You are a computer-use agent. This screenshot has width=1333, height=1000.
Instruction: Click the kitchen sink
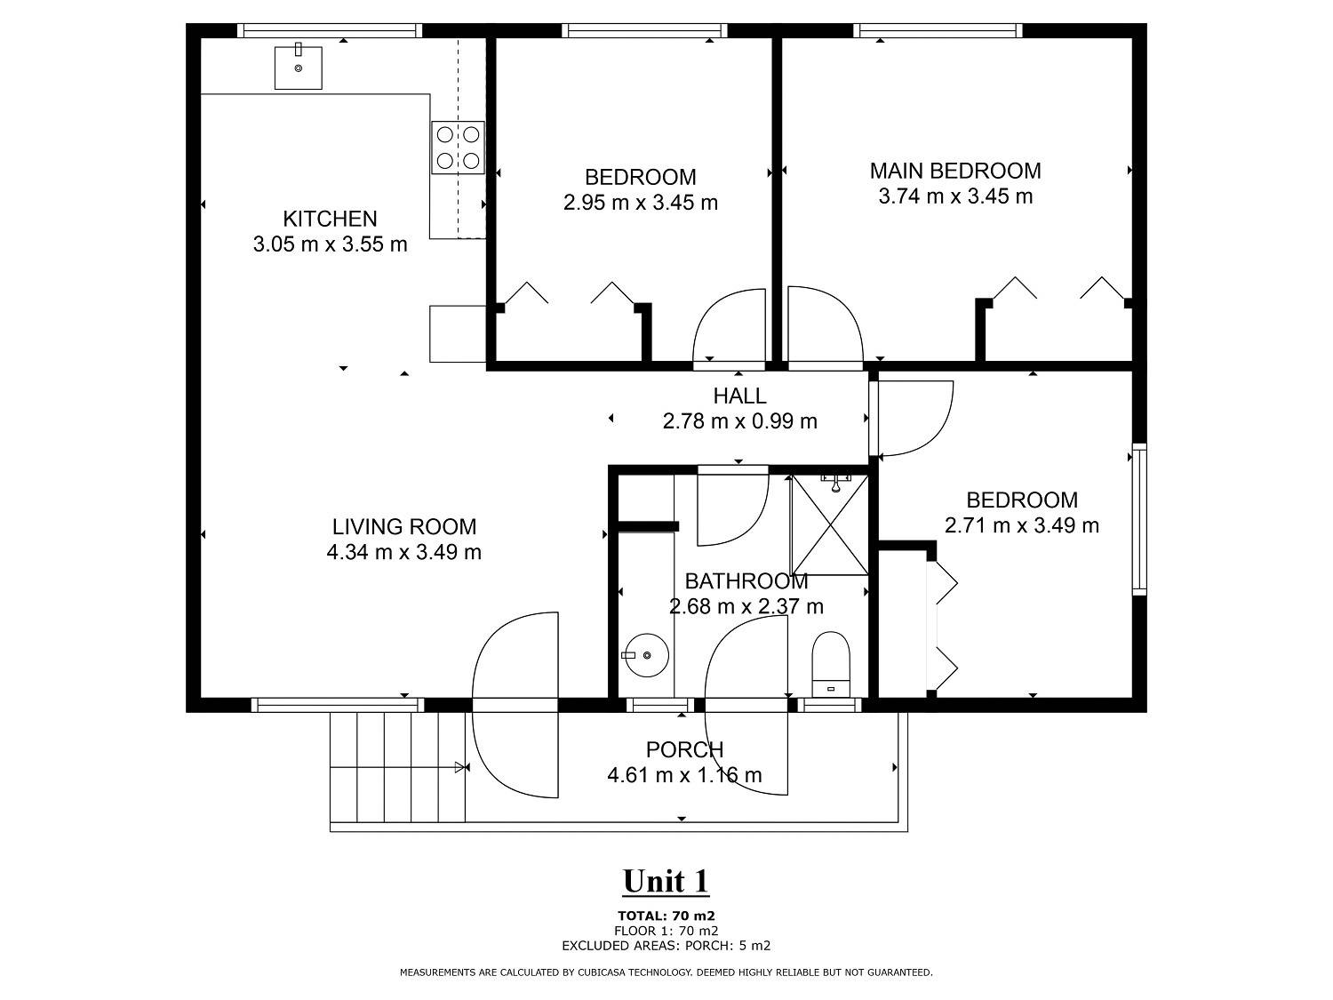(x=298, y=68)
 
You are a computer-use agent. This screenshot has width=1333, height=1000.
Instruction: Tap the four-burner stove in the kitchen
(x=458, y=148)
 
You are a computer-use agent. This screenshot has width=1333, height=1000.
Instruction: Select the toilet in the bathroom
(x=831, y=664)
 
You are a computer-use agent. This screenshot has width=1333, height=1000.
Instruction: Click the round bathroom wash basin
(x=647, y=655)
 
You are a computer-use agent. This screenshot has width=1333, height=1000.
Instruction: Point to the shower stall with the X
(x=829, y=524)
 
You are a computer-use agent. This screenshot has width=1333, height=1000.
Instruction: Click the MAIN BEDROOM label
(x=955, y=172)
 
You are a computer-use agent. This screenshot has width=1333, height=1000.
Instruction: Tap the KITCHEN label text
(x=330, y=219)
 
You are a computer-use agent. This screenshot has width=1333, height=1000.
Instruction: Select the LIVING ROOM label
(x=403, y=526)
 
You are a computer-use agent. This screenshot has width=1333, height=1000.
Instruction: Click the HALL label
(x=739, y=396)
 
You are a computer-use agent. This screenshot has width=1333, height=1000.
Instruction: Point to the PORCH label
(x=684, y=750)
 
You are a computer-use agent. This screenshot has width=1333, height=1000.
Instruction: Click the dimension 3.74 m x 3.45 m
(x=955, y=196)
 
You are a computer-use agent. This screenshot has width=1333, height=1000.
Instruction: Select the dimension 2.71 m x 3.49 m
(x=1021, y=525)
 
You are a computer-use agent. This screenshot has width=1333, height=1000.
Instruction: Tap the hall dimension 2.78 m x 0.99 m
(x=739, y=420)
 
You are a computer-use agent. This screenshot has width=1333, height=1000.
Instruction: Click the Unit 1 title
(x=666, y=881)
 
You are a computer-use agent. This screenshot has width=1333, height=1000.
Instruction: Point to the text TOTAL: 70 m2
(x=666, y=916)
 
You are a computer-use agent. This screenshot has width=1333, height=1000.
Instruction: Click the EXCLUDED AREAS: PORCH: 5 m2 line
(x=666, y=946)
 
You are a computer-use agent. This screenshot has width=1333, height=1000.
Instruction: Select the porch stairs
(x=398, y=767)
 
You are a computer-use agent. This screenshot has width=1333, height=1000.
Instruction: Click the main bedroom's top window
(x=938, y=30)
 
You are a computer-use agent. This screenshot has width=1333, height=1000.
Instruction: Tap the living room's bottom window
(x=338, y=704)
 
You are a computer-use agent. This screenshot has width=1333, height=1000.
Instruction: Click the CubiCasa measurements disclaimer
(x=666, y=972)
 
